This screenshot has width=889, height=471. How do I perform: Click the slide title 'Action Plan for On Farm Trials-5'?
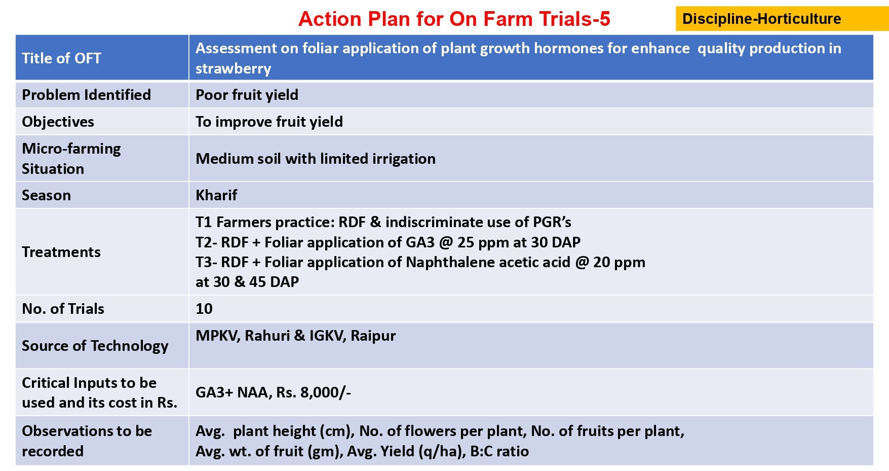click(454, 19)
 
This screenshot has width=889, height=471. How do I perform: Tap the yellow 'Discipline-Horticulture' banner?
click(782, 19)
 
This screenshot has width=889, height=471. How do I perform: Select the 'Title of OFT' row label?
click(61, 58)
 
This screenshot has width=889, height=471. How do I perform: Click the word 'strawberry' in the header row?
click(234, 68)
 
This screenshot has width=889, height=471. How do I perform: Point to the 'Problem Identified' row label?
click(87, 95)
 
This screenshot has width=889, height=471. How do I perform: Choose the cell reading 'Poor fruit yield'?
click(247, 95)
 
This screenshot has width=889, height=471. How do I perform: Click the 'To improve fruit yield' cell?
click(269, 122)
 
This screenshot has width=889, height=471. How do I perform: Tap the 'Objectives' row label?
click(58, 122)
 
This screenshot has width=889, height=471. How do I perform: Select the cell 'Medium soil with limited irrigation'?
click(316, 159)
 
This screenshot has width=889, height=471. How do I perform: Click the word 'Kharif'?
click(216, 195)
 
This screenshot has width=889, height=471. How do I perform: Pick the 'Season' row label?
click(46, 195)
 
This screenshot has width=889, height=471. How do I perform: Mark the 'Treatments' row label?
click(61, 252)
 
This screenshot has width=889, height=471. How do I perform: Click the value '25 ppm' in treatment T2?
click(483, 242)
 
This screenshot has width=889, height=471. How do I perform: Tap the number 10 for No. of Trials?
click(204, 309)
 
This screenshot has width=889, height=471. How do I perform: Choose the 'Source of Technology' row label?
click(95, 346)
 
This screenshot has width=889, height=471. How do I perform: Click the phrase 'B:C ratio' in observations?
click(499, 451)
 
